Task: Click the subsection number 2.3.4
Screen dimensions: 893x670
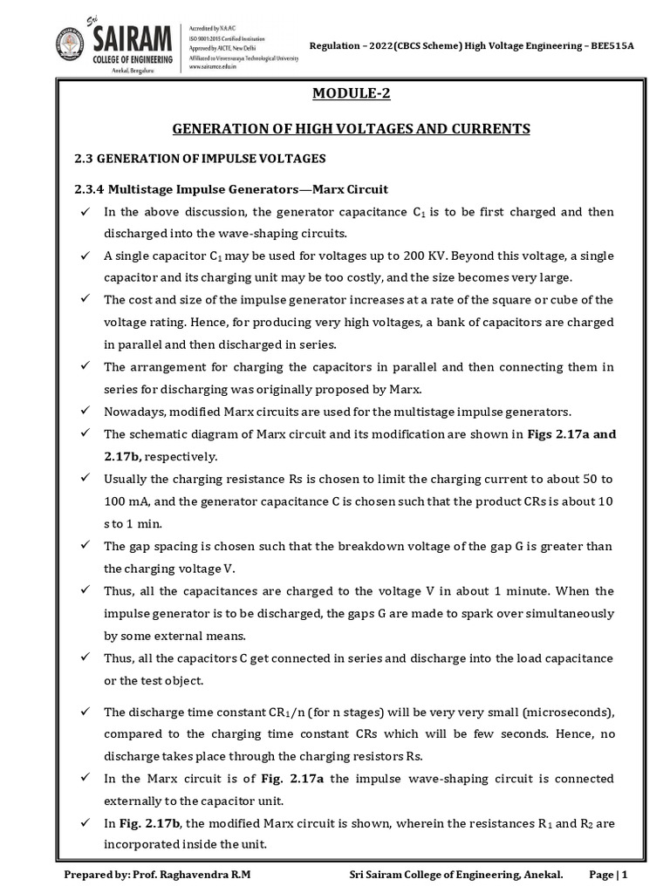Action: pos(88,189)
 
